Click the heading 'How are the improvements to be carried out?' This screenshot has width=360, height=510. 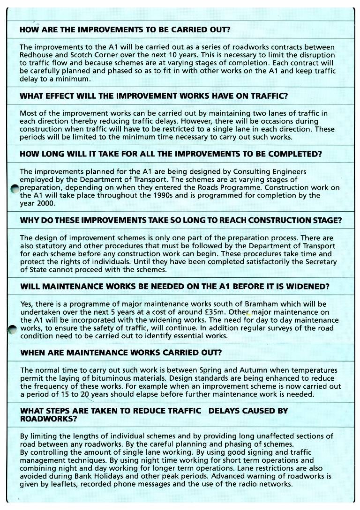[x=125, y=30]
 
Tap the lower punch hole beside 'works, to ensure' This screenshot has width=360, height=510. [x=14, y=330]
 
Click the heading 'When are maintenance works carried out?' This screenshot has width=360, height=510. [x=121, y=352]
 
